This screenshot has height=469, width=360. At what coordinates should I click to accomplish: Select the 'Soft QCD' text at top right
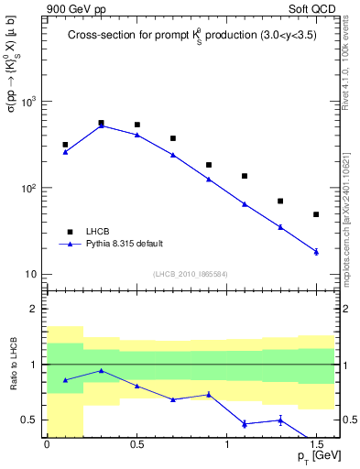313,9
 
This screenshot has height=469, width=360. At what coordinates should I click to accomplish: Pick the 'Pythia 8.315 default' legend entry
111,244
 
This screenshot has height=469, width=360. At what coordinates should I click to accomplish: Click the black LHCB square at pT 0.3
101,123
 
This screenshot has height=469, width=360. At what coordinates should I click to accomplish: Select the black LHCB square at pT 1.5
316,214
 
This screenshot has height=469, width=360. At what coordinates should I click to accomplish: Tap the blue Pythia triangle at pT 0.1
65,152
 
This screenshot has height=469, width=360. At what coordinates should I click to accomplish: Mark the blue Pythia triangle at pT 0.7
172,155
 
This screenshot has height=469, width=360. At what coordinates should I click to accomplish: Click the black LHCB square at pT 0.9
209,165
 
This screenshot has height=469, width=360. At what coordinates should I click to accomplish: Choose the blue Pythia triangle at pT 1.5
316,251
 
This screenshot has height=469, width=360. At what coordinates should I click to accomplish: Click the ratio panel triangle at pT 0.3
101,370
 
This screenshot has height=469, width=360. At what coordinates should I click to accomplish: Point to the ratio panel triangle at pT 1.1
245,423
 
